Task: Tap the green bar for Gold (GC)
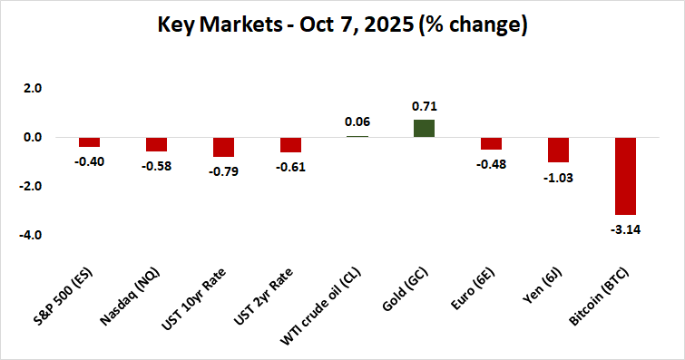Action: point(424,128)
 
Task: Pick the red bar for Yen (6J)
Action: point(558,150)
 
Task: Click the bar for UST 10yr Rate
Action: point(223,147)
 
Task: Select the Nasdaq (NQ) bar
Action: point(156,144)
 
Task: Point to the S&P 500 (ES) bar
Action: point(89,141)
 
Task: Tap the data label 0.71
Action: point(424,106)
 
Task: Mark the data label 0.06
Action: point(357,122)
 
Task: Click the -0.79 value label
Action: point(223,170)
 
